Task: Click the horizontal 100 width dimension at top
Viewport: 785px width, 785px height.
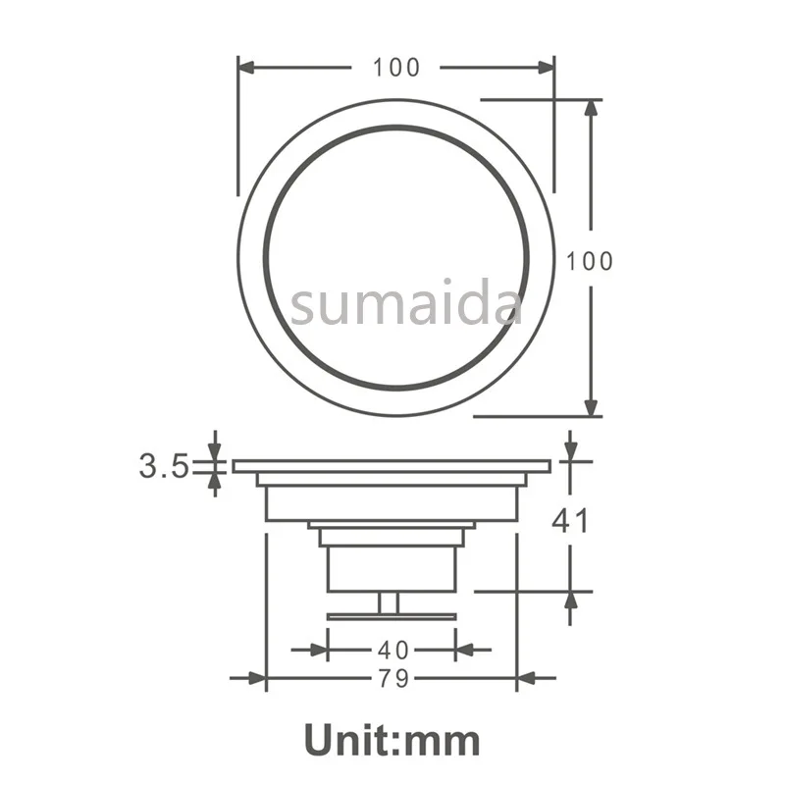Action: coord(395,68)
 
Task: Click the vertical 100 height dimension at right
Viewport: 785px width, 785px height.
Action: coord(590,261)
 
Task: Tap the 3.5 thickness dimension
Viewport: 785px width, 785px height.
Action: coord(163,465)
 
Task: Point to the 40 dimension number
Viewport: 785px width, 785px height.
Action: coord(392,650)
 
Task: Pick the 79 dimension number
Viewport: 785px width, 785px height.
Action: coord(392,678)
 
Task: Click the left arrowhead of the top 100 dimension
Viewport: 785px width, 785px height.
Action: coord(248,68)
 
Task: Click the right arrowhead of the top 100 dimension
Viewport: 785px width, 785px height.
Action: coord(545,68)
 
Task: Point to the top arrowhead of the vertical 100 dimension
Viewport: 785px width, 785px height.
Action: coord(591,109)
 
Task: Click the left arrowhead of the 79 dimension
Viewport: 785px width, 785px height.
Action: coord(256,678)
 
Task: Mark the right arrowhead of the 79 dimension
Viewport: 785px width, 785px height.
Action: coord(527,678)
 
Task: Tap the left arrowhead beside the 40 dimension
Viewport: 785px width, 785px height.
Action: coord(316,649)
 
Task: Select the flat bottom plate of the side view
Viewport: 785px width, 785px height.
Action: coord(392,616)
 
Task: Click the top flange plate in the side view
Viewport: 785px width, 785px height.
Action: coord(392,466)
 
